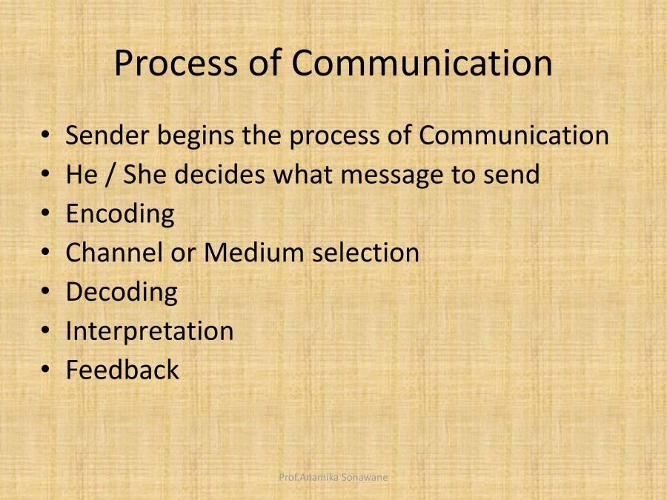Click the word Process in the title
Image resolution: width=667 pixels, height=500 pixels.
pos(176,64)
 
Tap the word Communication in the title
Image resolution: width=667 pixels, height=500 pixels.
pos(422,62)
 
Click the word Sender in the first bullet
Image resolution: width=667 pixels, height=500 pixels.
pos(107,136)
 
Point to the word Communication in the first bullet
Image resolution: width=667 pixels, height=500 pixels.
pos(514,136)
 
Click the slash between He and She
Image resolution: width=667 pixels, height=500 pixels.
pos(110,175)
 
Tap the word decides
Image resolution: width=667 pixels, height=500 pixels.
pos(220,174)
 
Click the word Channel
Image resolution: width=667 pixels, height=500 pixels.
pos(114,253)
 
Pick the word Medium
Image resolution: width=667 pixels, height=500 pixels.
pos(253,253)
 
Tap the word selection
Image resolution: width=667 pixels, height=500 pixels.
pos(366,253)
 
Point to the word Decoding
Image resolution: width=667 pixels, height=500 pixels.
pos(122,293)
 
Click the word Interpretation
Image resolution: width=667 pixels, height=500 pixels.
pos(150,332)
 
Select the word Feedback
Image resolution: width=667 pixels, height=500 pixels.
pos(122,370)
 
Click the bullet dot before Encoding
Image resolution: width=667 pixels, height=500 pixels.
pos(45,213)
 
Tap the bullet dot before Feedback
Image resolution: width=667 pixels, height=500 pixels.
pos(45,369)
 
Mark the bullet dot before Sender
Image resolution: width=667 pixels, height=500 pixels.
pos(45,134)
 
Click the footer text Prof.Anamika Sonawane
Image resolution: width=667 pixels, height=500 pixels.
pos(333,477)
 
